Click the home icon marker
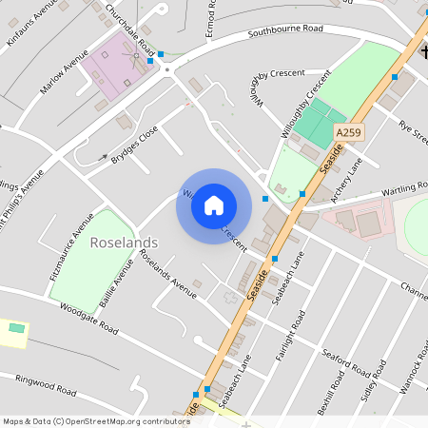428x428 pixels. click(x=214, y=205)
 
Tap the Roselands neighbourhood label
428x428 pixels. click(x=124, y=243)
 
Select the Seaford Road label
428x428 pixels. click(x=344, y=360)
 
